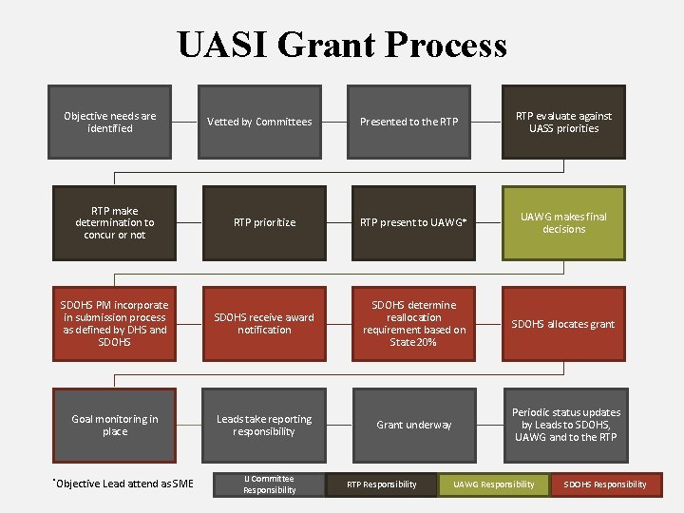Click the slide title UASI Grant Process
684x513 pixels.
pos(342,45)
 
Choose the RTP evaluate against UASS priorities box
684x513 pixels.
pos(564,122)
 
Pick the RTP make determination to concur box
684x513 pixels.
pos(114,222)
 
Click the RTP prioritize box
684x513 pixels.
pos(264,222)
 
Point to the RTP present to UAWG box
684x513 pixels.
pos(414,222)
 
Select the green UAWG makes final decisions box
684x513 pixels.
pos(564,222)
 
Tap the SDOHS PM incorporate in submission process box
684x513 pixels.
pos(114,324)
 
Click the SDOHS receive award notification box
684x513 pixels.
pos(264,324)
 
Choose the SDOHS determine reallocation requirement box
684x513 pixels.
pos(414,324)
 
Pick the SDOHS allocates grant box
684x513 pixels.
pos(564,324)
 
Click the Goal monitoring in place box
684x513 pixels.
pos(114,425)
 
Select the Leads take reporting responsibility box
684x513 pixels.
pos(264,425)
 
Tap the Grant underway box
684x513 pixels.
pos(414,425)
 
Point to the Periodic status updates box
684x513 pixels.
pos(564,425)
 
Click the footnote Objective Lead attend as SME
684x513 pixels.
pos(123,484)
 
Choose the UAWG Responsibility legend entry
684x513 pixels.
pos(493,484)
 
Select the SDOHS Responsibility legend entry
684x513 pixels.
pos(605,484)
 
